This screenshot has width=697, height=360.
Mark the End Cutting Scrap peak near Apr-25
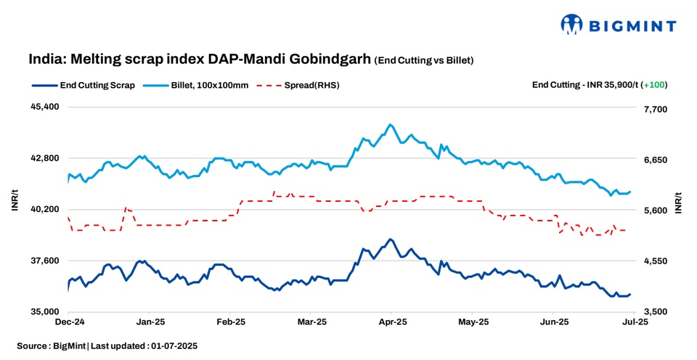tap(390, 239)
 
